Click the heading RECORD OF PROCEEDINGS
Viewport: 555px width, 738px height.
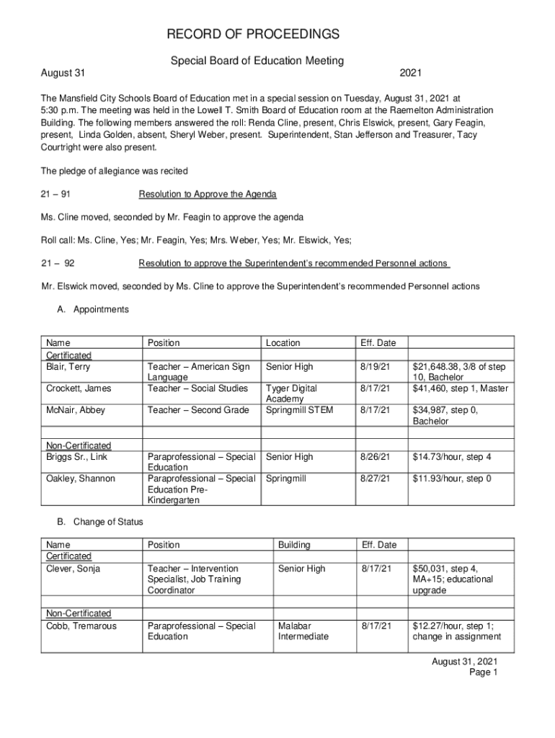tap(253, 35)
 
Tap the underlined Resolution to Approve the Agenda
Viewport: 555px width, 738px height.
tap(208, 195)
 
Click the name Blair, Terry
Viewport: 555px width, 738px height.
tap(68, 367)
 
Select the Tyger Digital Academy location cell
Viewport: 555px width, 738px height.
tap(291, 394)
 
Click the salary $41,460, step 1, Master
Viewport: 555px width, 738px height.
tap(460, 388)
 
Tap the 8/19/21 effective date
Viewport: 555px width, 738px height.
tap(375, 367)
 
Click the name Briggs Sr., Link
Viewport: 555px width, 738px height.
tap(77, 457)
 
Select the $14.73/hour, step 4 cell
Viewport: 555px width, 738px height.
tap(452, 457)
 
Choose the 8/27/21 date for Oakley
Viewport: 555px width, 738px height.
tap(375, 479)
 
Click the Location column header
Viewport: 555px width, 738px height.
tap(283, 343)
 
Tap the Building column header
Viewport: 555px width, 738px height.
tap(294, 545)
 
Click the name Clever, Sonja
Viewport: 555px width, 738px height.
tap(74, 569)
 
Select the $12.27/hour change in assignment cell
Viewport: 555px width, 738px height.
tap(456, 631)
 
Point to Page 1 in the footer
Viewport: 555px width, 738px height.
tap(484, 672)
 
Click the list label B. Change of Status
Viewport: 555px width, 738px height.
tap(100, 521)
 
